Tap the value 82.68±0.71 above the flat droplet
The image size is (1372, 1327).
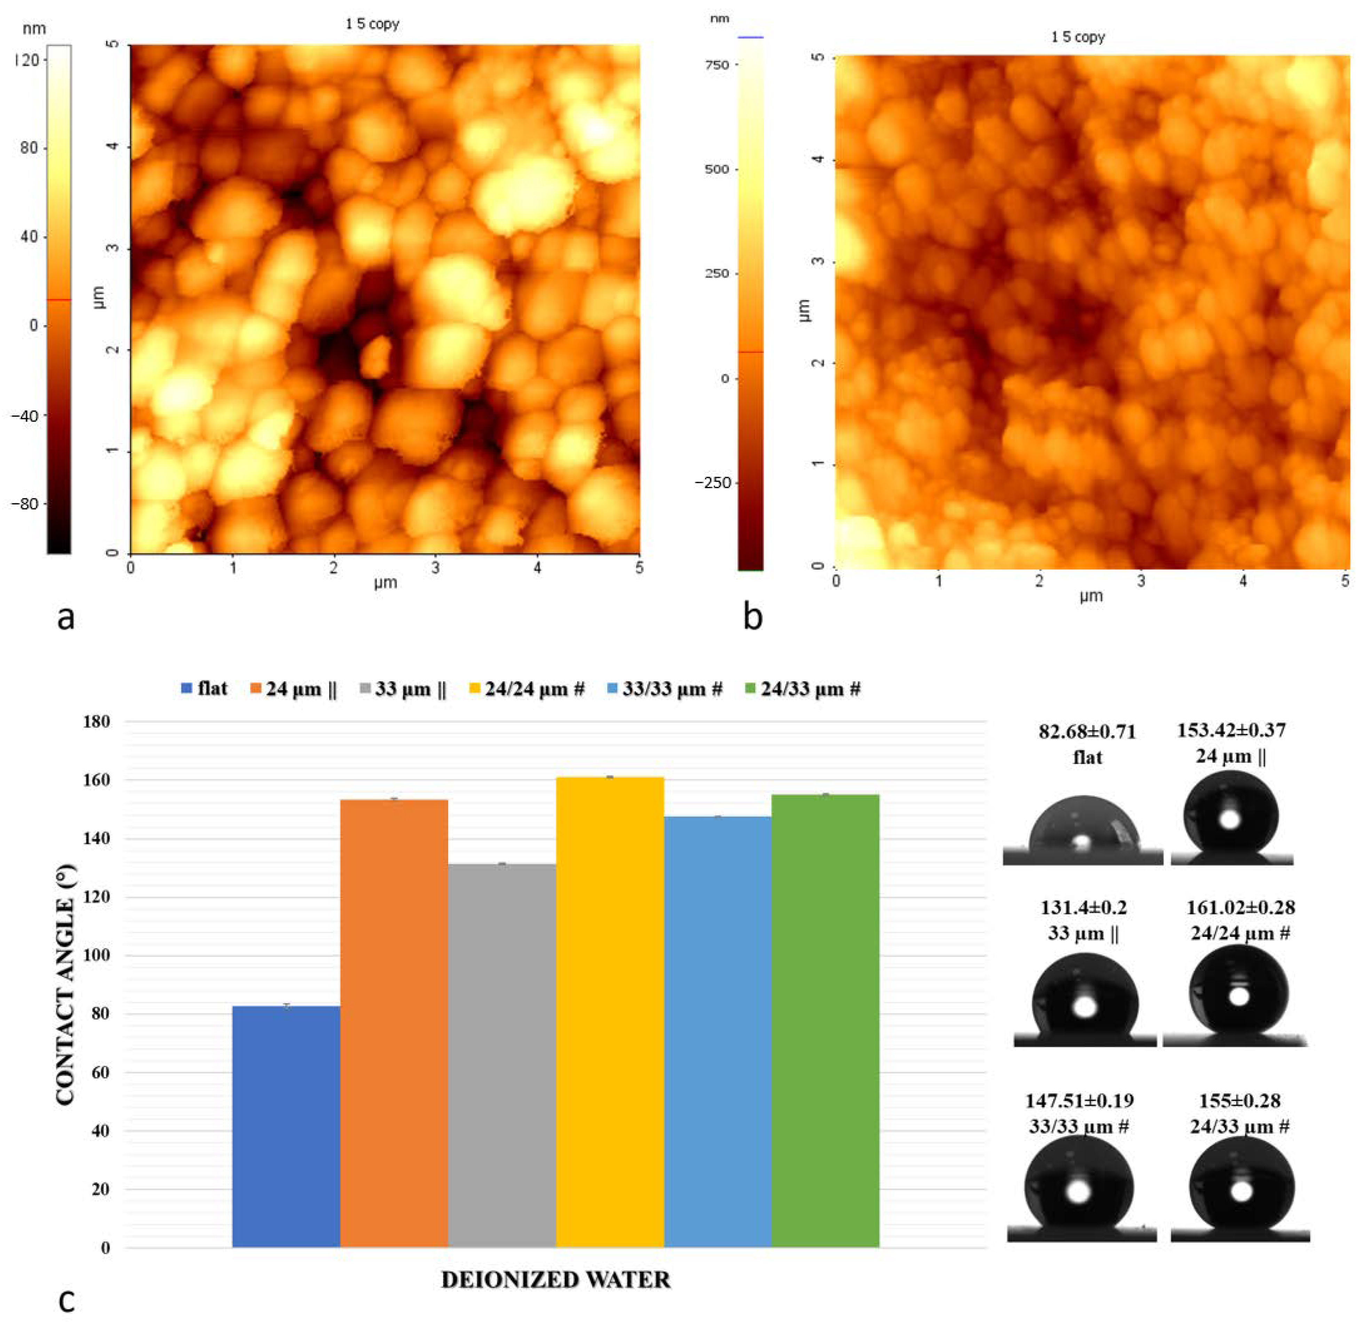(1087, 732)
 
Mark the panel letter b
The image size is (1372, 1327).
(753, 617)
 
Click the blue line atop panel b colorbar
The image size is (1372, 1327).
(751, 37)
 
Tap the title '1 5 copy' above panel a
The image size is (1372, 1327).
(372, 24)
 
